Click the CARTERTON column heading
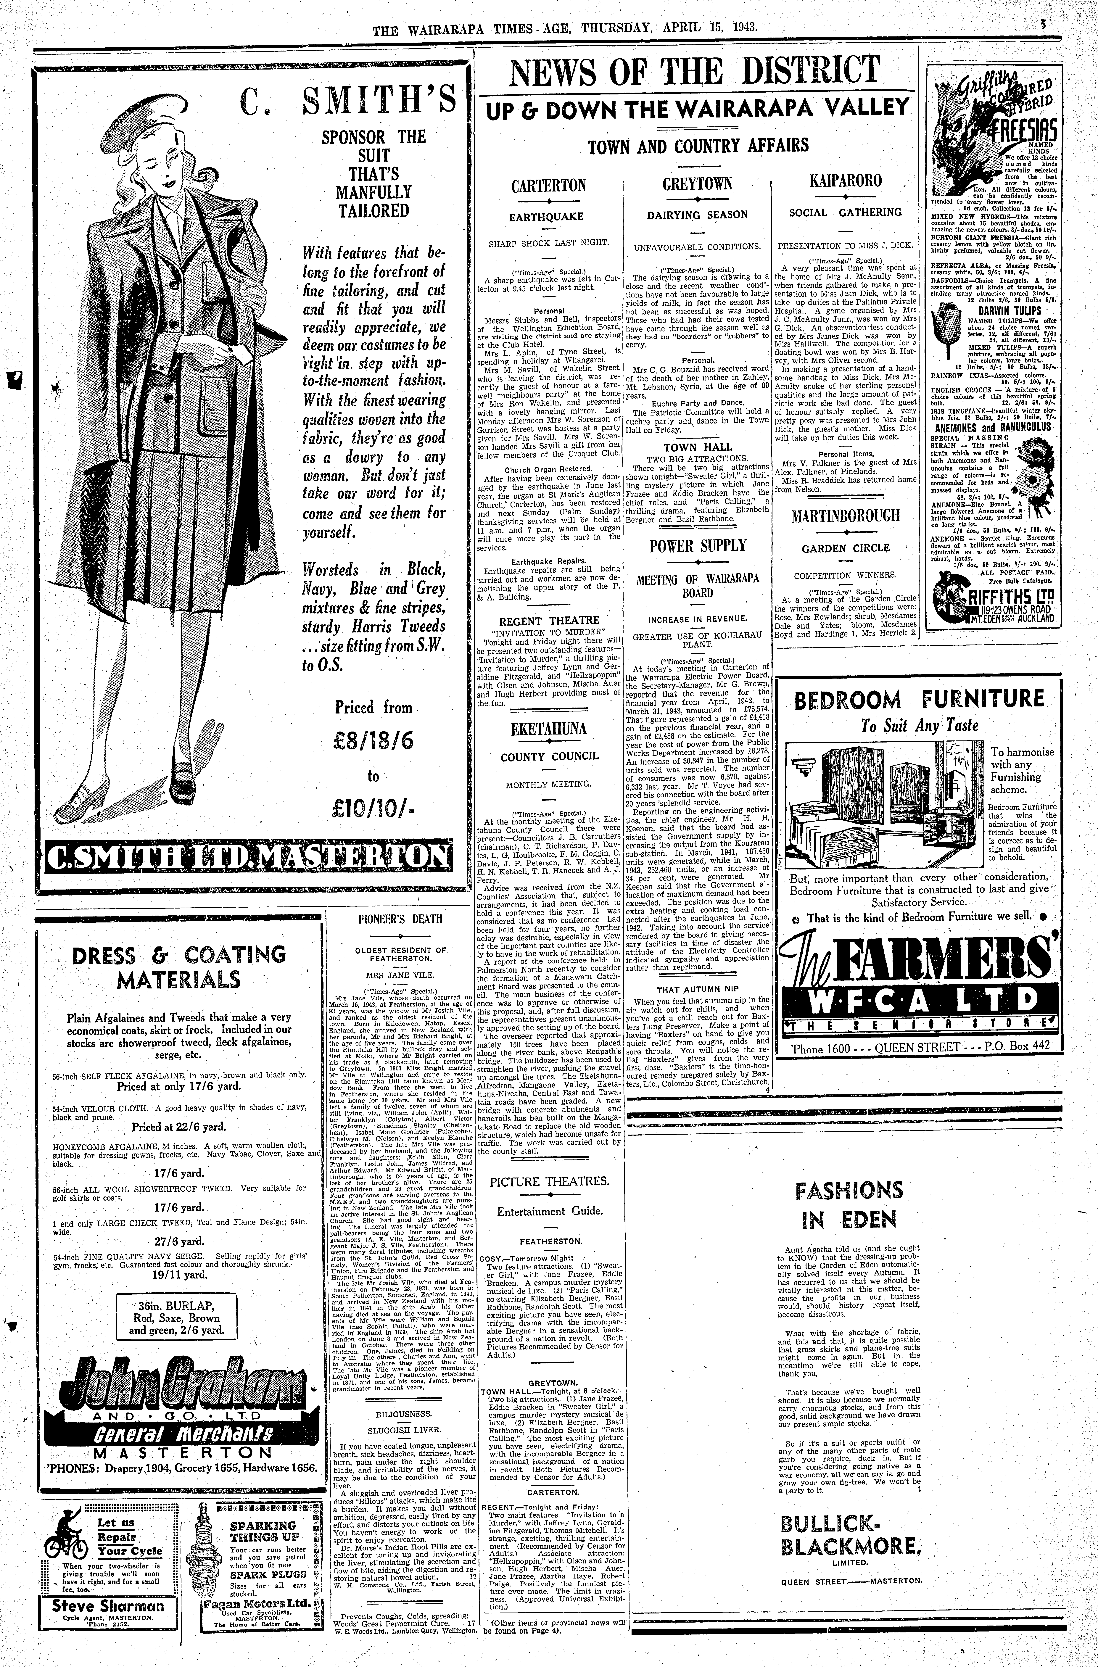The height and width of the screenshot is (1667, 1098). [548, 186]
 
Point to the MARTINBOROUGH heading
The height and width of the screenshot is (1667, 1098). [845, 516]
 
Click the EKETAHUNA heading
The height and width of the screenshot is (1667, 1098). [548, 728]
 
